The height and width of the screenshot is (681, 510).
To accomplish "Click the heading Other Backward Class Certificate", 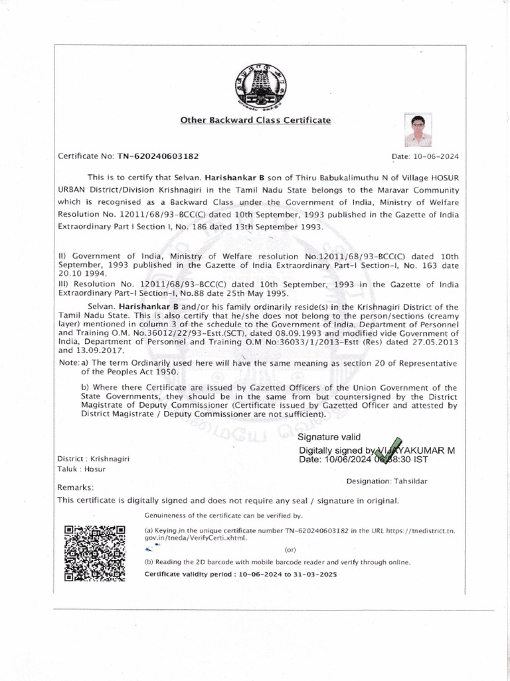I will [255, 120].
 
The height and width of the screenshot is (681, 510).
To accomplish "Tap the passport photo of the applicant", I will [418, 130].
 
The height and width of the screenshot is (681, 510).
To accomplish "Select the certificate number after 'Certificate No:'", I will [158, 156].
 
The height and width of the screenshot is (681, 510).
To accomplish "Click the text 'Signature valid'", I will [329, 437].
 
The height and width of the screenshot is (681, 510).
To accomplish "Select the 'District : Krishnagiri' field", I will [93, 460].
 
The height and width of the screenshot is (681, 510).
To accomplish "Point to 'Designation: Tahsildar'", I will [386, 481].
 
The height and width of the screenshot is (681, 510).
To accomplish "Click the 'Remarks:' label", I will [76, 487].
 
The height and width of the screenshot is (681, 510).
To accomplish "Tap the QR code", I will [94, 553].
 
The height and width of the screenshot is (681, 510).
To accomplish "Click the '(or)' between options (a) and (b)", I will [290, 550].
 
